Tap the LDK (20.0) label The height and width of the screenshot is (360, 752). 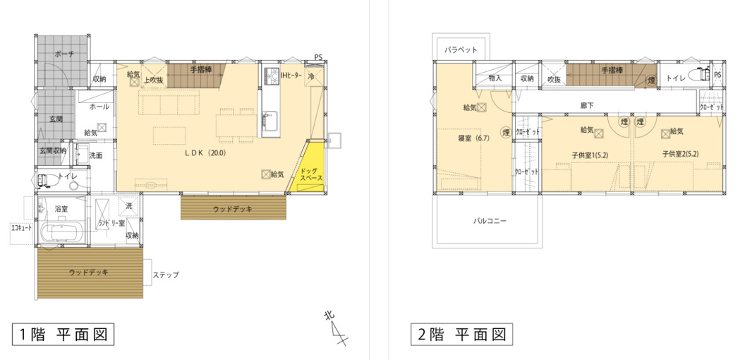click(205, 151)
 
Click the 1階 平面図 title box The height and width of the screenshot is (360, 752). click(63, 334)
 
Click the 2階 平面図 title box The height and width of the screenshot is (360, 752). click(461, 334)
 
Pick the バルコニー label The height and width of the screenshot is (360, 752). click(489, 220)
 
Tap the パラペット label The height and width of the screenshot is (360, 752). click(461, 50)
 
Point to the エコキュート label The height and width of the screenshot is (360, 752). click(21, 228)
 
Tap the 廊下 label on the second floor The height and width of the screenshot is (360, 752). click(587, 105)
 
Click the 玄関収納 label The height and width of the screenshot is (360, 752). click(52, 150)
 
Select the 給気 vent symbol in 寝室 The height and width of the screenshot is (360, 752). click(481, 107)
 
